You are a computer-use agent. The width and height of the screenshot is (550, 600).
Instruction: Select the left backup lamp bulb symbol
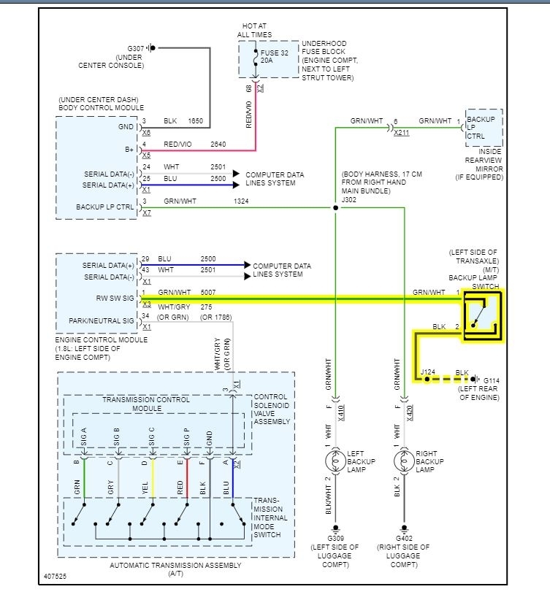click(x=336, y=462)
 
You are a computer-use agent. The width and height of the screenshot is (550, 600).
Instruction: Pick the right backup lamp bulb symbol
click(x=404, y=462)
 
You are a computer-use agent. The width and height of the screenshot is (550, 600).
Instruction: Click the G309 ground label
click(x=336, y=538)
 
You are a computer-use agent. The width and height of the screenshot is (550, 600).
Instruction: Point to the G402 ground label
click(x=404, y=538)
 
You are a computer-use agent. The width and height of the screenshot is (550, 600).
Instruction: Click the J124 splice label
click(x=429, y=372)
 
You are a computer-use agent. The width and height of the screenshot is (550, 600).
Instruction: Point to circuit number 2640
click(x=219, y=144)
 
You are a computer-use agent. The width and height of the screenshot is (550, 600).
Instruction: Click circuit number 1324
click(x=241, y=200)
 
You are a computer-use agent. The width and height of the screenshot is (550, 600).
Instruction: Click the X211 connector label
click(x=401, y=134)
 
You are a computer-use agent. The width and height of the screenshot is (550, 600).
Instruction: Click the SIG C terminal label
click(x=152, y=437)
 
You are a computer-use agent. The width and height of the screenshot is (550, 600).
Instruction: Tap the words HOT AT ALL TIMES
click(x=254, y=30)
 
